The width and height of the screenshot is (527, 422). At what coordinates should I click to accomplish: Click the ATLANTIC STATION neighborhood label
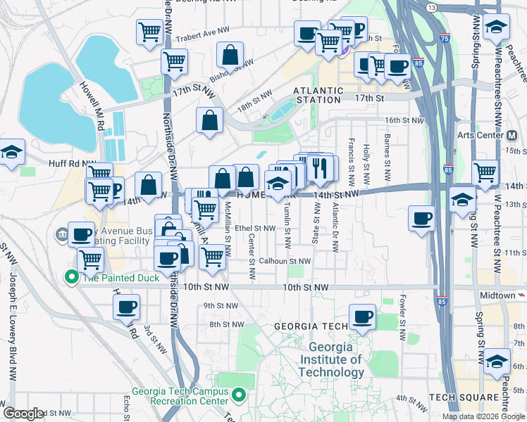[318, 95]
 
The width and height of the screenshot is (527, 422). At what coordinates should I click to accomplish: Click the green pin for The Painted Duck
[70, 277]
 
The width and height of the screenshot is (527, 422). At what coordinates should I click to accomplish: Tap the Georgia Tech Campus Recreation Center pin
[240, 396]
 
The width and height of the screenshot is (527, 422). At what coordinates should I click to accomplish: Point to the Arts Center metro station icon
[512, 135]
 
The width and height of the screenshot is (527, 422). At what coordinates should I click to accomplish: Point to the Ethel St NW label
[255, 228]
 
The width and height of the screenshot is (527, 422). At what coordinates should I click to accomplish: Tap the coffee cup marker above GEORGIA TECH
[363, 316]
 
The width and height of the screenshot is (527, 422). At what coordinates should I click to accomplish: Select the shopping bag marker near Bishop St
[230, 54]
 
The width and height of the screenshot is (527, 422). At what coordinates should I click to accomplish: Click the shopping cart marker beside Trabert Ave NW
[149, 32]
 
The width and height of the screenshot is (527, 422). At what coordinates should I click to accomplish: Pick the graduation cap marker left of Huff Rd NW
[12, 153]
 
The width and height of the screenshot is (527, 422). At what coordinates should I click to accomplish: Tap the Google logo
[24, 414]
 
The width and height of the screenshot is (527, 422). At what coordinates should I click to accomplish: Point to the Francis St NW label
[351, 152]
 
